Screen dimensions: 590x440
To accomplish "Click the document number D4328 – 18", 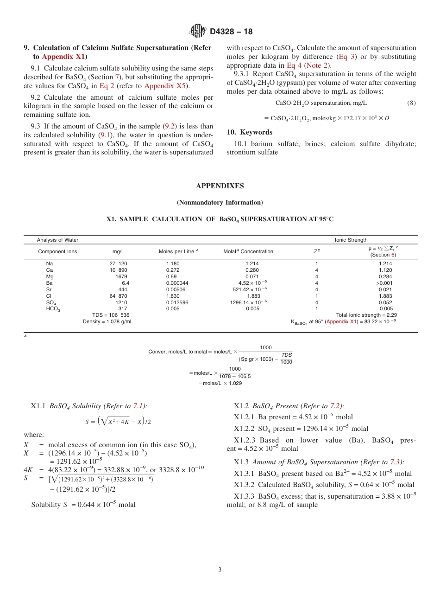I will point(231,32).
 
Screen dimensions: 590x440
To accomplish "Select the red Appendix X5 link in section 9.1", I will point(161,86).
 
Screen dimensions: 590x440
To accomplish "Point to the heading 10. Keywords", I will point(250,132).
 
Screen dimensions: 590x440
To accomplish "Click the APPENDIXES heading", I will point(220,186).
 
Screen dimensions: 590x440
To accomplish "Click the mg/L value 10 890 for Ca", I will point(118,270).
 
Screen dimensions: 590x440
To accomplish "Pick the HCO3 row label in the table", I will point(53,309).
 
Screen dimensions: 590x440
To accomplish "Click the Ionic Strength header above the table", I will point(351,240).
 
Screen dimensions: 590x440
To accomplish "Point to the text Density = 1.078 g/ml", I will point(107,321).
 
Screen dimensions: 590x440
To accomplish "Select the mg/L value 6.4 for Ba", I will point(125,283).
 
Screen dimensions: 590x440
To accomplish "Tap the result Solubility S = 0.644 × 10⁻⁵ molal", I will point(83,505).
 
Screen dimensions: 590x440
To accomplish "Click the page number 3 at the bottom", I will point(220,570).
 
